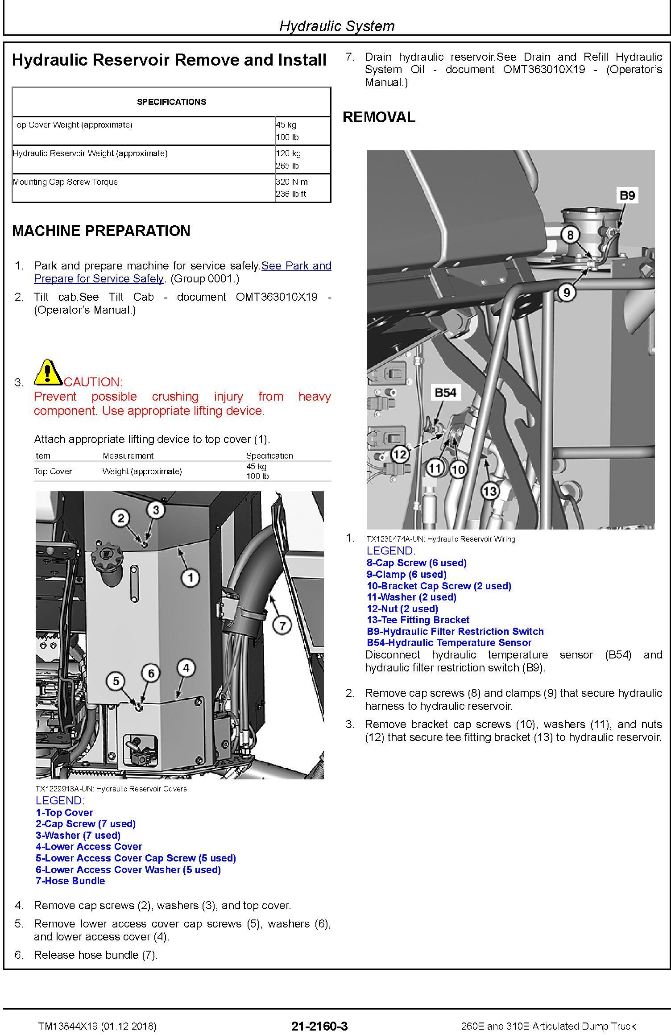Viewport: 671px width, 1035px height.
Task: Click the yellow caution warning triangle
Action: (x=48, y=372)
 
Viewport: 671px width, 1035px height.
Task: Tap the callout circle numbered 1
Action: (x=191, y=578)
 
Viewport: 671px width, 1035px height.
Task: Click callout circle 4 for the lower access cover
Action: (x=186, y=668)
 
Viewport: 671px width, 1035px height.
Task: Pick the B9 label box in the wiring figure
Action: (x=627, y=195)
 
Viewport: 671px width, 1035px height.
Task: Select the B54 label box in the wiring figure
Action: (x=445, y=393)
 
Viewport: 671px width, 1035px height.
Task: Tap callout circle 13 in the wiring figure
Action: (x=490, y=491)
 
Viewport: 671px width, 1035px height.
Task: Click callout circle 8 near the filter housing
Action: (x=570, y=235)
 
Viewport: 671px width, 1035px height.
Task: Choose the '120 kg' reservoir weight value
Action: (x=288, y=153)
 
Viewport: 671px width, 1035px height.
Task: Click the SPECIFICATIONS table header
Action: (x=171, y=102)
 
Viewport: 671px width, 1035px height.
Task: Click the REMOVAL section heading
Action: (x=379, y=117)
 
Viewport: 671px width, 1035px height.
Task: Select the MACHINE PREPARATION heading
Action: (x=101, y=231)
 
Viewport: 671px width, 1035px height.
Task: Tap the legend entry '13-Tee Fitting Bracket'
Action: (x=418, y=620)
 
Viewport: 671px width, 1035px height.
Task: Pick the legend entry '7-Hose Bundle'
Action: (x=70, y=881)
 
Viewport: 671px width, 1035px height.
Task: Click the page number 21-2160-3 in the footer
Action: (x=319, y=1026)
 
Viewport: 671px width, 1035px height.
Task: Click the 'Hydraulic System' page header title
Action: (x=337, y=26)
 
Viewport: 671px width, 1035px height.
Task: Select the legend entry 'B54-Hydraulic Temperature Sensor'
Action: (x=449, y=642)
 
